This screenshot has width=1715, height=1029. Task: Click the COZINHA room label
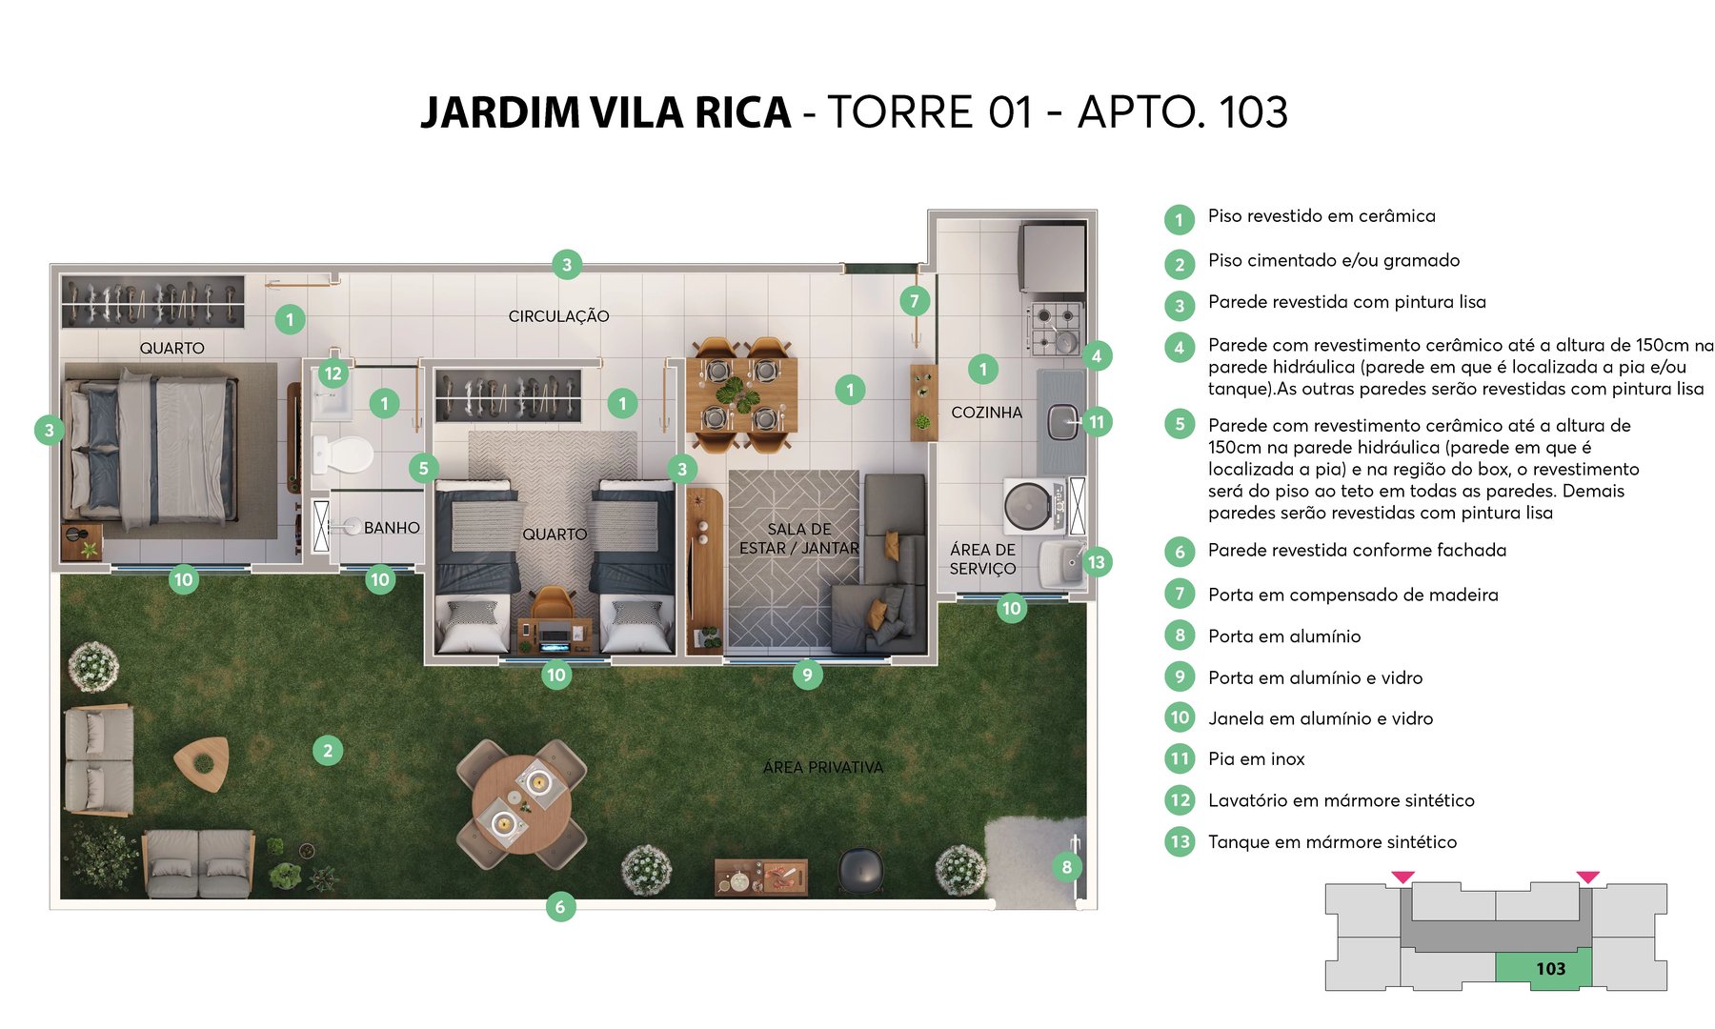point(986,413)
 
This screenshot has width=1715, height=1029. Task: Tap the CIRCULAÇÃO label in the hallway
point(558,316)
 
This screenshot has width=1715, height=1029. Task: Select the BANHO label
point(392,528)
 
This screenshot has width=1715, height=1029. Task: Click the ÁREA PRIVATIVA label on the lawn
point(822,767)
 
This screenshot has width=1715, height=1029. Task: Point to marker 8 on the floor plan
point(1067,867)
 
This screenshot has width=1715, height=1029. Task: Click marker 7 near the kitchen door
point(915,302)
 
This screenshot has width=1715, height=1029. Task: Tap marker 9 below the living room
point(807,675)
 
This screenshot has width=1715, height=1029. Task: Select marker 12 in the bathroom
point(333,373)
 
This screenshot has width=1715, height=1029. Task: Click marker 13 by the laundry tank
point(1097,562)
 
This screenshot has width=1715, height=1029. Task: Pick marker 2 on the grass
point(328,751)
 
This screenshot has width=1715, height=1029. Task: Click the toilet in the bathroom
point(343,454)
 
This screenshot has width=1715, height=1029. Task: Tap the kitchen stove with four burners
point(1056,328)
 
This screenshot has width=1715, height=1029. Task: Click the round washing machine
point(1028,506)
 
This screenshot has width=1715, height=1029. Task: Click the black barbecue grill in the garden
point(860,869)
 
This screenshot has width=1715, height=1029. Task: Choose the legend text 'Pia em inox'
point(1256,759)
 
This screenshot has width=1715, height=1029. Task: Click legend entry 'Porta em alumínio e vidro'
point(1315,677)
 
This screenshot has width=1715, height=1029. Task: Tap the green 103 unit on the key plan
point(1543,968)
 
